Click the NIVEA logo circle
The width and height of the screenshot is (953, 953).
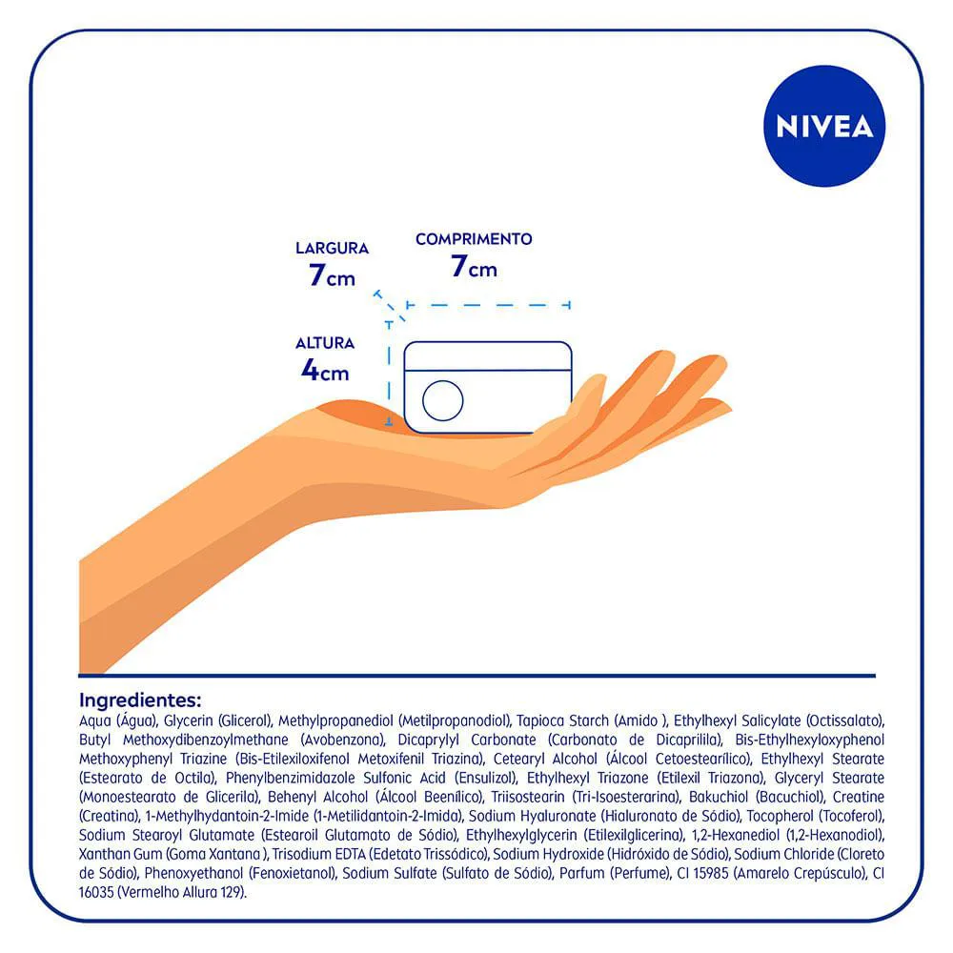click(824, 126)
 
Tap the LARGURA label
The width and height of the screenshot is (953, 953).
click(332, 248)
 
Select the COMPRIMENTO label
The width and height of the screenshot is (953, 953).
click(474, 239)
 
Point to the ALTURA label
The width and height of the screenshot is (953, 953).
click(325, 343)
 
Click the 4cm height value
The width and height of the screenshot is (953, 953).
click(325, 370)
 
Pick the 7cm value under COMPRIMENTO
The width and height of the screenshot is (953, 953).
click(474, 266)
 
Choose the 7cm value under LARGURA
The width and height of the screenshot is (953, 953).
click(332, 274)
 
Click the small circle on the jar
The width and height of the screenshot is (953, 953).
click(442, 400)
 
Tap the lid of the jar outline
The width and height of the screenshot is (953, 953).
click(487, 356)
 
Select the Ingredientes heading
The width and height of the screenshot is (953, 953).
click(140, 700)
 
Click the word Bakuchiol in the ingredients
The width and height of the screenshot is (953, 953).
click(719, 797)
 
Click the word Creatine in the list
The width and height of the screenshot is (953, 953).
click(859, 797)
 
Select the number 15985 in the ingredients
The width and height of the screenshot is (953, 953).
click(710, 873)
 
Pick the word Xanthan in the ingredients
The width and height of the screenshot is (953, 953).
click(100, 854)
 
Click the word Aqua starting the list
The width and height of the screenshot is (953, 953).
click(94, 721)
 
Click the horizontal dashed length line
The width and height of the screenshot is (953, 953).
click(488, 305)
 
